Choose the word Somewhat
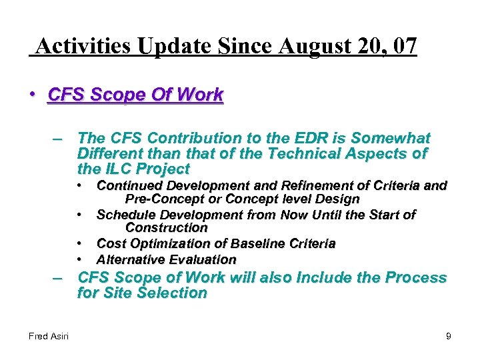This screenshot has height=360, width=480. click(x=391, y=138)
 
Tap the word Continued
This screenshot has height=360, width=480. click(x=129, y=185)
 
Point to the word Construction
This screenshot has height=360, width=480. click(x=167, y=227)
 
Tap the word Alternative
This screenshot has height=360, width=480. click(x=131, y=259)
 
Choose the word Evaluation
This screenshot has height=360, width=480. click(x=203, y=259)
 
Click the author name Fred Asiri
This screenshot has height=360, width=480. click(x=49, y=337)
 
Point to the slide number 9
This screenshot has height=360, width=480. click(x=449, y=337)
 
